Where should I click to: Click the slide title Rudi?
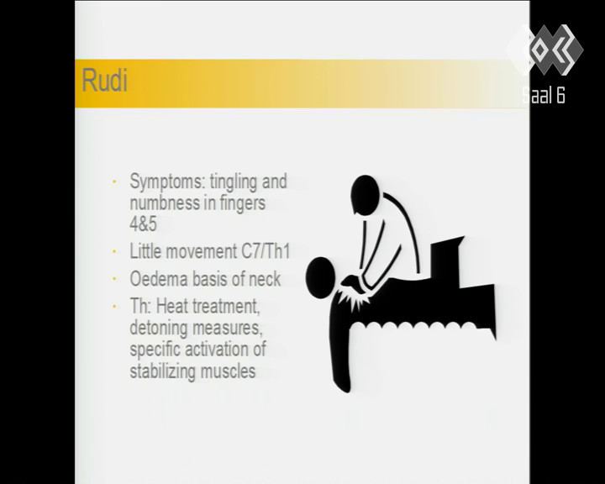pos(104,81)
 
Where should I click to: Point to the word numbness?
pos(165,203)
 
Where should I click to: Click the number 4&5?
pos(143,224)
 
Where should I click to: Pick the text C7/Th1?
pos(266,251)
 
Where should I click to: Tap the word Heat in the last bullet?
pos(172,307)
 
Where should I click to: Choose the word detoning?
pos(159,328)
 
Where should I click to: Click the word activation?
pos(217,350)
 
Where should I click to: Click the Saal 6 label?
pos(544,95)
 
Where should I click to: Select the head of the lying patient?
pos(320,278)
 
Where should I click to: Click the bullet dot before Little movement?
pos(114,251)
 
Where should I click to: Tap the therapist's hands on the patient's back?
pos(353,282)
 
